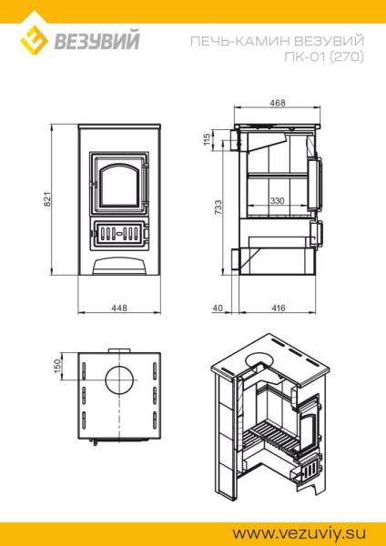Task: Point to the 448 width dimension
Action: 118,308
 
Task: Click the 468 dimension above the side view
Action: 278,103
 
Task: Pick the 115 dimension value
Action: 208,139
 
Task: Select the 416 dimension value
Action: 279,308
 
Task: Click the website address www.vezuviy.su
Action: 310,527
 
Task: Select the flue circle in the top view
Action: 117,379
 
